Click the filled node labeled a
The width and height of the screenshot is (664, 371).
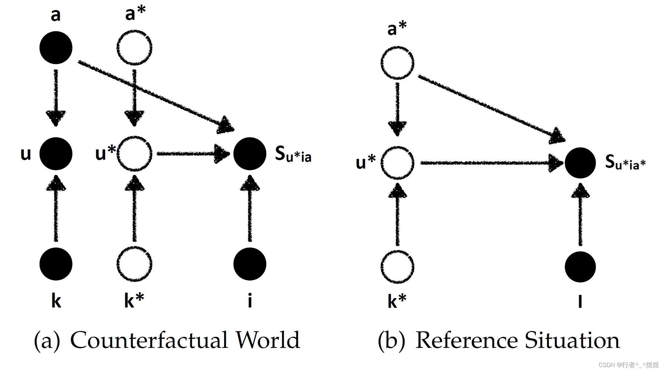(56, 48)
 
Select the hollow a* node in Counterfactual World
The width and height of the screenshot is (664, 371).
(134, 48)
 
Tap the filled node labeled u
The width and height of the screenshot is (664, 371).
(56, 154)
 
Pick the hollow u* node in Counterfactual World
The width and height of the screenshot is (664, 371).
(134, 154)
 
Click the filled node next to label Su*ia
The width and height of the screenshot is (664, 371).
(250, 154)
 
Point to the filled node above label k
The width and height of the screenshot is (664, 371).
(56, 264)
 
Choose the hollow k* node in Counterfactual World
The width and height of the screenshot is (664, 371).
(134, 264)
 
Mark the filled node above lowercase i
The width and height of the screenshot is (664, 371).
(250, 264)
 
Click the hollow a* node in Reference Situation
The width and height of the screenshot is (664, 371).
(397, 63)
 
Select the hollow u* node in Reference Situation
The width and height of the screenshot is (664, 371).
(397, 163)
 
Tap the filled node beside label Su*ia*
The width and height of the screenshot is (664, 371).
(580, 163)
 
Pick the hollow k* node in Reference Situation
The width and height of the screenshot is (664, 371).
(397, 267)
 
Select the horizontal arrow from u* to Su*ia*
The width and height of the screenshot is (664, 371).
(488, 163)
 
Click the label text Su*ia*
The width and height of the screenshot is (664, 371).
(625, 162)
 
